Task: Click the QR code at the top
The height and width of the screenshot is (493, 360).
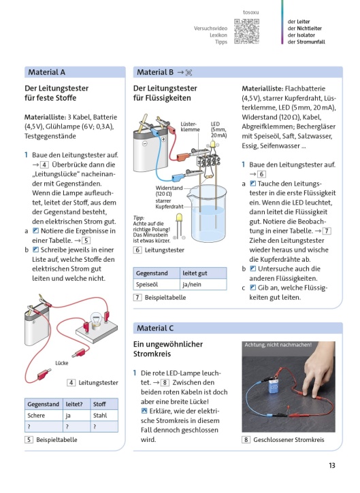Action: (x=247, y=31)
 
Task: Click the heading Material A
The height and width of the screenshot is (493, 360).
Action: (x=46, y=72)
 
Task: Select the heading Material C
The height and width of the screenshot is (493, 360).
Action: (x=155, y=328)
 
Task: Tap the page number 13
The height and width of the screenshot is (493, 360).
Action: (x=332, y=465)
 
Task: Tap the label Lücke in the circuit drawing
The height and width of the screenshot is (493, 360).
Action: (x=62, y=363)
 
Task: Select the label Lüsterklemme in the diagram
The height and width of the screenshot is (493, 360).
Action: (x=190, y=126)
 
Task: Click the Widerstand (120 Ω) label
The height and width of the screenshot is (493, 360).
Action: (x=169, y=191)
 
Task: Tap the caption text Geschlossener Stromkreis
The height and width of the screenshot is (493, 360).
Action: (x=289, y=440)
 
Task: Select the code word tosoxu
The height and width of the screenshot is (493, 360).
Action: (x=251, y=12)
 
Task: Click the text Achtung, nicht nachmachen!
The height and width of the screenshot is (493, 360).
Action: (x=278, y=345)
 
